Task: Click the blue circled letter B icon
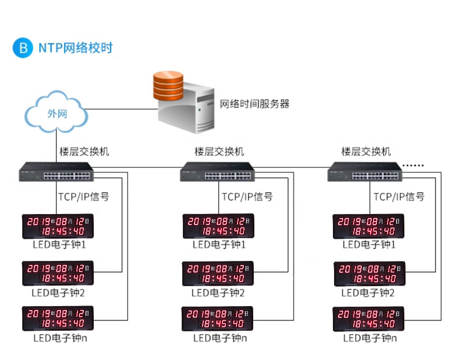click(x=22, y=48)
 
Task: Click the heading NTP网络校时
click(x=76, y=48)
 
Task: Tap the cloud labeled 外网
click(x=56, y=112)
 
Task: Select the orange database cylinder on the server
click(x=168, y=86)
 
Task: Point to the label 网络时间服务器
click(x=254, y=104)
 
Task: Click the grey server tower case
click(x=186, y=109)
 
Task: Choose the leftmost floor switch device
click(x=56, y=172)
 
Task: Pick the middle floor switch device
click(x=217, y=172)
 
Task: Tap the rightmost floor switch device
click(x=365, y=172)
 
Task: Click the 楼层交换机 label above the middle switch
click(x=219, y=151)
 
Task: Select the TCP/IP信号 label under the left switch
click(x=84, y=196)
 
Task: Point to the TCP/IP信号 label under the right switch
click(x=399, y=196)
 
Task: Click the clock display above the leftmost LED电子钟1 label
click(x=58, y=226)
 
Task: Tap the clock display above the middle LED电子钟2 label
click(x=218, y=273)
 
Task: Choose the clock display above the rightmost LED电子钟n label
click(x=369, y=319)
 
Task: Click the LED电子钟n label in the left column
click(x=60, y=338)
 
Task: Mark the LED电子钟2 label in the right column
click(x=368, y=293)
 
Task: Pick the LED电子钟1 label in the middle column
click(x=219, y=244)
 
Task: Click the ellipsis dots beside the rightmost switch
click(x=413, y=165)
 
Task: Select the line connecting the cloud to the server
click(x=122, y=109)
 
